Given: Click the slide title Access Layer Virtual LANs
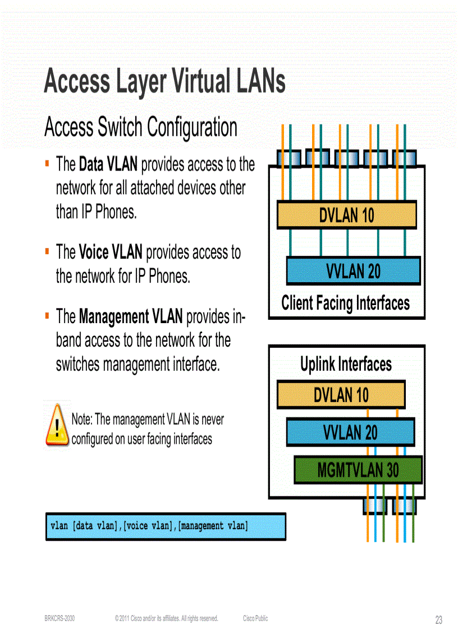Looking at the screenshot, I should tap(164, 82).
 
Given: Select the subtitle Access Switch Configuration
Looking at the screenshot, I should tap(140, 127).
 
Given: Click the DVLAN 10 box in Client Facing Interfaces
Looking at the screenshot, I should tap(346, 215).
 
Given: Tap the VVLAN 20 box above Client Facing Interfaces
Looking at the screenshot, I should tap(353, 271).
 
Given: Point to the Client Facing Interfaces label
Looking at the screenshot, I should tap(345, 303).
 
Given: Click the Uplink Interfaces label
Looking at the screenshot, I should tap(346, 365).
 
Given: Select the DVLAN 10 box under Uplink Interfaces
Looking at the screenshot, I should tap(341, 395).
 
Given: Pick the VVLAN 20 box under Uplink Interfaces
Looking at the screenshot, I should tap(350, 433).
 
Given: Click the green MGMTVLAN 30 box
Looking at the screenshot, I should tap(358, 470).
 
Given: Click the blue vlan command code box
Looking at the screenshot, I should tap(166, 526).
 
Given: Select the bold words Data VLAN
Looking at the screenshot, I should tap(108, 164).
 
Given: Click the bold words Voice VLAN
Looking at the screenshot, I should tap(111, 252).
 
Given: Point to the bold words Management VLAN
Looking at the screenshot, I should tap(130, 316).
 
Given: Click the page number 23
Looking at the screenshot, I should tap(438, 620).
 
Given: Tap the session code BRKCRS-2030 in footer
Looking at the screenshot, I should tap(59, 618).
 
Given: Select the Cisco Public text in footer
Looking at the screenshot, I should tap(255, 618).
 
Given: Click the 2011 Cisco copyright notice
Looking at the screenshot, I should tap(166, 618).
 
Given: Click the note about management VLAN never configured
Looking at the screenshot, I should tap(147, 429).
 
